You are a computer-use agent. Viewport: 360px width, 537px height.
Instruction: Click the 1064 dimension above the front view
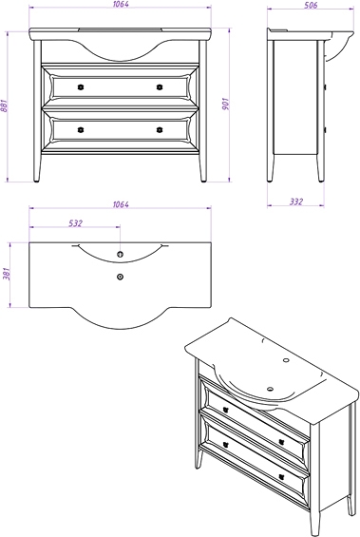[x=121, y=5]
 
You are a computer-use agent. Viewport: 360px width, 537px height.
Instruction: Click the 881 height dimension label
[x=5, y=106]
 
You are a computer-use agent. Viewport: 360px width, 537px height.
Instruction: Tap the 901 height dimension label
[x=226, y=104]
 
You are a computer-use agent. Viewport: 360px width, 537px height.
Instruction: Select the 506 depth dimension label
[x=311, y=5]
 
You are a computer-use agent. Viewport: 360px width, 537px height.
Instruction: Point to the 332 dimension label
[x=296, y=201]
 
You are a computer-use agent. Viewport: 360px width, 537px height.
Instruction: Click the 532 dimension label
[x=76, y=223]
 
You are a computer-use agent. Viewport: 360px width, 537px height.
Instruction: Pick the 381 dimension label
[x=7, y=274]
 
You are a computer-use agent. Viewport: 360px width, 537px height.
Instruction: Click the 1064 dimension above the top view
[x=121, y=204]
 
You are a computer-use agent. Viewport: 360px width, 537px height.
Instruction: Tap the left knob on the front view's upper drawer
[x=81, y=87]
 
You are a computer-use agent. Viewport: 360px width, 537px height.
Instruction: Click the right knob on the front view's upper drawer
[x=160, y=87]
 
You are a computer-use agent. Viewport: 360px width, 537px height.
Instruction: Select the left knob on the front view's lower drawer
[x=81, y=130]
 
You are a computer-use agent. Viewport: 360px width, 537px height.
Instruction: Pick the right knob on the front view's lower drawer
[x=160, y=130]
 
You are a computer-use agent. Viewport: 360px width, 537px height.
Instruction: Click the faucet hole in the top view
[x=120, y=254]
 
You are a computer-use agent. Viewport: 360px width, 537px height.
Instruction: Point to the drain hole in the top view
[x=120, y=277]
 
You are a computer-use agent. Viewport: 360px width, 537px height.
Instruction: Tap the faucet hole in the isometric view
[x=286, y=360]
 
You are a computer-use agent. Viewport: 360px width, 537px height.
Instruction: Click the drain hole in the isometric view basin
[x=271, y=389]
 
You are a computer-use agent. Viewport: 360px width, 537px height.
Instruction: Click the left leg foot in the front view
[x=37, y=180]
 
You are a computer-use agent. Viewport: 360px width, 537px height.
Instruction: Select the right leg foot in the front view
[x=203, y=180]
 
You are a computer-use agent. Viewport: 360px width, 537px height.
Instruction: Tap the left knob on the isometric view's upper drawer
[x=225, y=410]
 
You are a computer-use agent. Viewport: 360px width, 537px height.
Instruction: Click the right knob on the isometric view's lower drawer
[x=281, y=476]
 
